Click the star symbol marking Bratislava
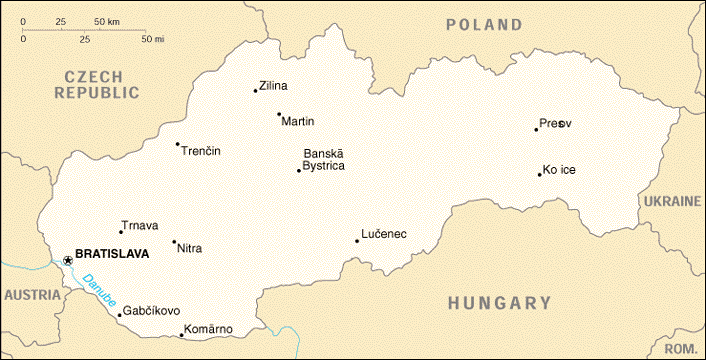67,260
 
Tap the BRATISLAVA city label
112,254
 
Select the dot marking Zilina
256,91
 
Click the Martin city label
298,122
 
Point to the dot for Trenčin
178,144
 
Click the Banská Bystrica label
324,160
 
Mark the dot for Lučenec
357,240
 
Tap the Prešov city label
556,123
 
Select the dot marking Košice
540,175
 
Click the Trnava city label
139,226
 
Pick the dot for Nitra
174,241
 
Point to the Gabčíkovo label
152,311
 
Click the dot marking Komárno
181,334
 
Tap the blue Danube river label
99,290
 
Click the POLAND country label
484,25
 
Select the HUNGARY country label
499,303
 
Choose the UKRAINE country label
672,201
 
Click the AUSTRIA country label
31,295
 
